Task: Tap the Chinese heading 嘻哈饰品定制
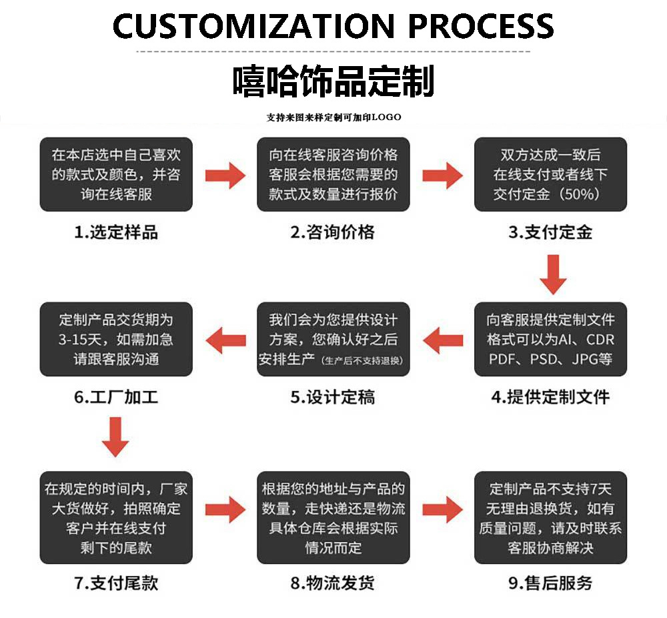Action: [333, 81]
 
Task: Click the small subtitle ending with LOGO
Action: [333, 117]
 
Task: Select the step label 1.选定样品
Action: [116, 232]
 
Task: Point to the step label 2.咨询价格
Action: [333, 232]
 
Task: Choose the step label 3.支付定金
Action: [550, 232]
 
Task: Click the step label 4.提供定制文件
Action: [550, 397]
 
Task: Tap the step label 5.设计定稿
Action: [333, 397]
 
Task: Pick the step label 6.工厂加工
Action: [116, 397]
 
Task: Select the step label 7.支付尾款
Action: [116, 582]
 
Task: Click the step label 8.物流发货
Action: [333, 582]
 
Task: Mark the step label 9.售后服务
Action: [550, 582]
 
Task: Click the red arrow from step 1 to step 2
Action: [225, 175]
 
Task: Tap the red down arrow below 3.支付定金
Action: [553, 274]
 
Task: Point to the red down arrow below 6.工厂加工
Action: [115, 438]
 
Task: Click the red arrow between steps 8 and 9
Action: [442, 509]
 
